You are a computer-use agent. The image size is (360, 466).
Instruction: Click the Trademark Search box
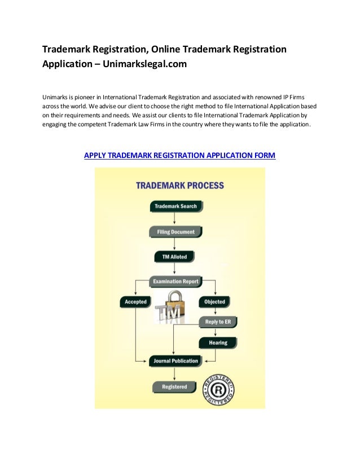pos(175,206)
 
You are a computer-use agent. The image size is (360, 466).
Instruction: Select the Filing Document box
pos(175,232)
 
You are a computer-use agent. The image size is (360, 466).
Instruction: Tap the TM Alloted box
pos(174,257)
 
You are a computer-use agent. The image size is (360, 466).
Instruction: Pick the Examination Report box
pos(175,281)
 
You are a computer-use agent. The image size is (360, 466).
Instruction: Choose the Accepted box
pos(135,302)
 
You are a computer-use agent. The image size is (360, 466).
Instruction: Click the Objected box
pos(214,302)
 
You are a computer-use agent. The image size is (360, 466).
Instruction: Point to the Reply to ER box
pos(217,322)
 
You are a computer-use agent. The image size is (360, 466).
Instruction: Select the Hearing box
pos(217,342)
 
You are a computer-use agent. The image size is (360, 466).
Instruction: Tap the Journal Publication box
pos(175,361)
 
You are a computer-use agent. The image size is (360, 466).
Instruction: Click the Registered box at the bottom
pos(174,387)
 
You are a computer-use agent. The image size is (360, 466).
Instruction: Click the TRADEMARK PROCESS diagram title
pos(180,186)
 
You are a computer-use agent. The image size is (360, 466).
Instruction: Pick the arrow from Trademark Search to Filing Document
pos(175,220)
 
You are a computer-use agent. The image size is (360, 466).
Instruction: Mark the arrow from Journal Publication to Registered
pos(175,375)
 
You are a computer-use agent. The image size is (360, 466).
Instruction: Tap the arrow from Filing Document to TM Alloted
pos(175,245)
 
